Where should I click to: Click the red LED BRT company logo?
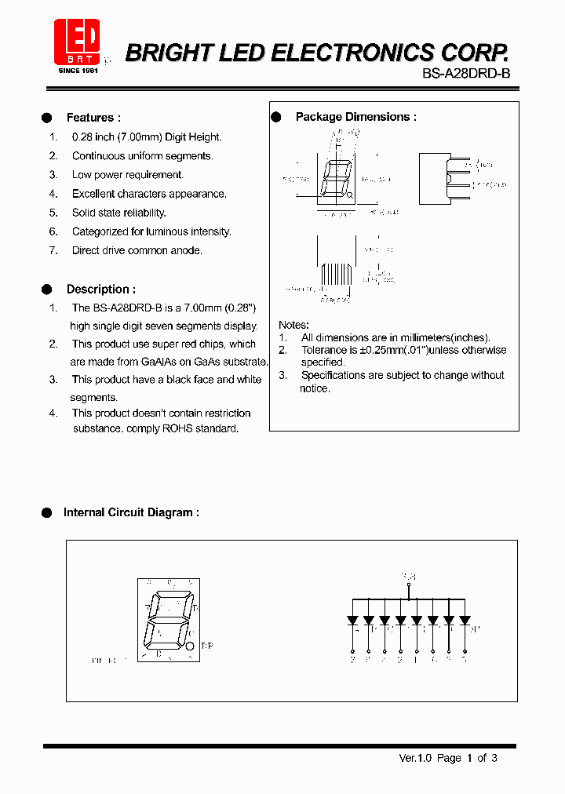(76, 42)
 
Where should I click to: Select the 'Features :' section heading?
(93, 118)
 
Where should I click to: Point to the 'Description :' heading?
(100, 289)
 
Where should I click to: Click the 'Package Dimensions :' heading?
(355, 117)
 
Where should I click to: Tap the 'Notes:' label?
(294, 325)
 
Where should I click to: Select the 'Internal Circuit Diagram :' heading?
(131, 512)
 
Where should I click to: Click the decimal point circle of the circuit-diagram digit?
(191, 646)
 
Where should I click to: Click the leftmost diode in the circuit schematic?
(352, 620)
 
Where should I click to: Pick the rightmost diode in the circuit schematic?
(465, 620)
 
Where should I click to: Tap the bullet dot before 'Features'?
(46, 118)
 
